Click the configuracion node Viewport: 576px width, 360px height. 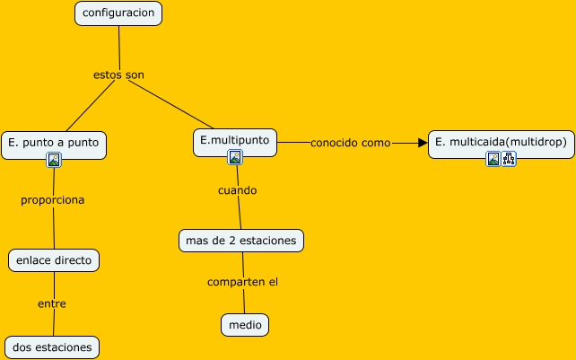pyautogui.click(x=118, y=13)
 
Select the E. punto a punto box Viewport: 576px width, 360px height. pyautogui.click(x=54, y=142)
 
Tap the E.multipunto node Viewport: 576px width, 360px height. pyautogui.click(x=235, y=140)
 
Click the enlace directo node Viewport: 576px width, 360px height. pyautogui.click(x=53, y=260)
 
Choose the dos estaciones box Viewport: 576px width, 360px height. pyautogui.click(x=52, y=347)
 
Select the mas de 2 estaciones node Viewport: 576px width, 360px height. pyautogui.click(x=241, y=241)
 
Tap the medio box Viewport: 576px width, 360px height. pyautogui.click(x=245, y=325)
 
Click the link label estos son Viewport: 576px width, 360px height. pyautogui.click(x=118, y=75)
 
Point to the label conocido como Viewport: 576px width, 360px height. pyautogui.click(x=350, y=142)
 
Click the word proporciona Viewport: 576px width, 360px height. pyautogui.click(x=53, y=200)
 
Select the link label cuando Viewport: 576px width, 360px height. pyautogui.click(x=237, y=190)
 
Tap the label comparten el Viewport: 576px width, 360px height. pyautogui.click(x=242, y=282)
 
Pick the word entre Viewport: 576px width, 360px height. pyautogui.click(x=52, y=303)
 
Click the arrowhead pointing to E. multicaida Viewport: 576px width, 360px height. pyautogui.click(x=423, y=142)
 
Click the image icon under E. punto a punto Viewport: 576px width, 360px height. pyautogui.click(x=54, y=160)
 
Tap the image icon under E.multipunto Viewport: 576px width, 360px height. pyautogui.click(x=235, y=157)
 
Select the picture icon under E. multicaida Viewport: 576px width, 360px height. pyautogui.click(x=493, y=159)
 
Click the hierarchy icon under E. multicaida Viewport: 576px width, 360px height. pyautogui.click(x=509, y=159)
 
